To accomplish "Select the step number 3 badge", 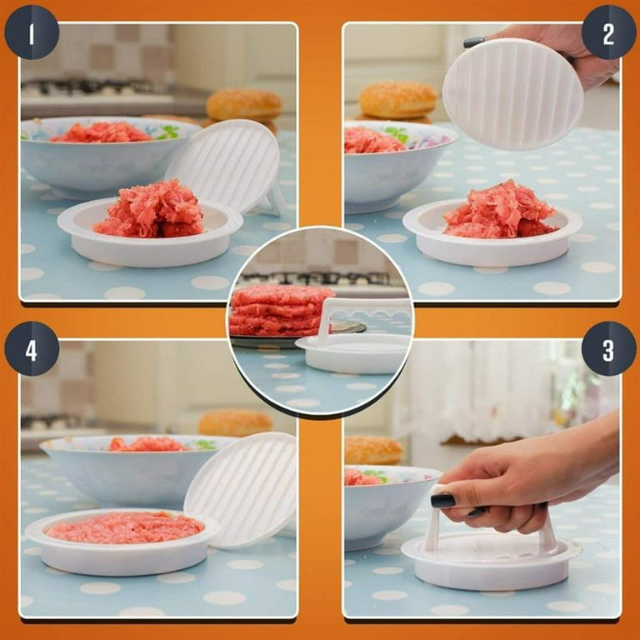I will coord(608,347).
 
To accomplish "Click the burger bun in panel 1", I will coord(244,105).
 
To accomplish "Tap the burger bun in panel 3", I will coord(372,450).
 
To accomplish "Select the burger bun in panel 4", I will coord(235,422).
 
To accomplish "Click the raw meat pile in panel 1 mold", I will coord(150,210).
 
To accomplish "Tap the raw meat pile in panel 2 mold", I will coord(500,210).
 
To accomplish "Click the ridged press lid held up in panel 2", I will coord(512,93).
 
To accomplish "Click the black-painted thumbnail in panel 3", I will coord(442,500).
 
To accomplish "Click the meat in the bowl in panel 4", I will coord(146,444).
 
